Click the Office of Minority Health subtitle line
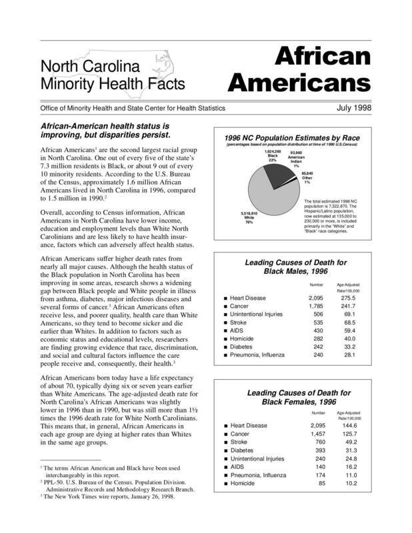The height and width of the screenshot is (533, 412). tap(132, 108)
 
